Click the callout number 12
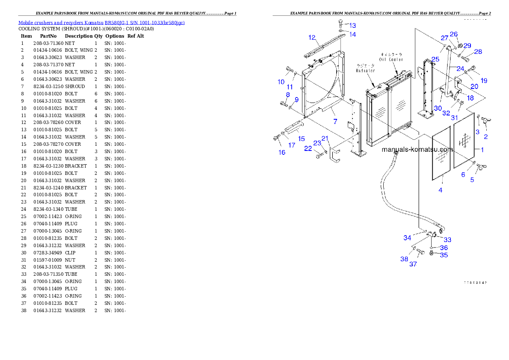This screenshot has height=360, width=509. pyautogui.click(x=312, y=38)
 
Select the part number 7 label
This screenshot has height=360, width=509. pyautogui.click(x=335, y=122)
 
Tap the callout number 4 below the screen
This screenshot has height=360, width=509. pyautogui.click(x=441, y=190)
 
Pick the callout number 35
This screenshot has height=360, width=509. pyautogui.click(x=444, y=255)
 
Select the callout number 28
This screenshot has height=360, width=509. pyautogui.click(x=478, y=52)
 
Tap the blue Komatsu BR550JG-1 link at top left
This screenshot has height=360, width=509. pyautogui.click(x=101, y=23)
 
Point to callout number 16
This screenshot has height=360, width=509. pyautogui.click(x=282, y=153)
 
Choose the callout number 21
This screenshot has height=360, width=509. pyautogui.click(x=325, y=138)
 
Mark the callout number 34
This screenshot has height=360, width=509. pyautogui.click(x=407, y=238)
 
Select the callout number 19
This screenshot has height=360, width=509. pyautogui.click(x=484, y=80)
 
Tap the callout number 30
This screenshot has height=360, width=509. pyautogui.click(x=438, y=109)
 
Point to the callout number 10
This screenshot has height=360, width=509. pyautogui.click(x=281, y=82)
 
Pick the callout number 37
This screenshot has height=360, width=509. pyautogui.click(x=413, y=264)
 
